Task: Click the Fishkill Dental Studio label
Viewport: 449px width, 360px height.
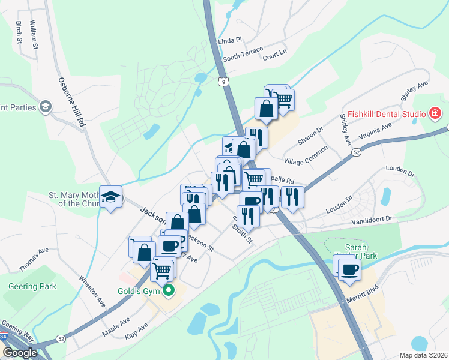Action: click(x=388, y=113)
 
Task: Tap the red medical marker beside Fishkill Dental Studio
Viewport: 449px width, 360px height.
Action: click(x=435, y=113)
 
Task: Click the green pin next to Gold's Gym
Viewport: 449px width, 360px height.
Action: click(x=169, y=292)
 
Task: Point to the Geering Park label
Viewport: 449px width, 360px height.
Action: click(x=32, y=287)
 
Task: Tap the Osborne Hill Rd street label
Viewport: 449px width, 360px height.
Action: click(x=70, y=101)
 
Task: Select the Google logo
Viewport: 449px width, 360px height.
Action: click(x=19, y=353)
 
